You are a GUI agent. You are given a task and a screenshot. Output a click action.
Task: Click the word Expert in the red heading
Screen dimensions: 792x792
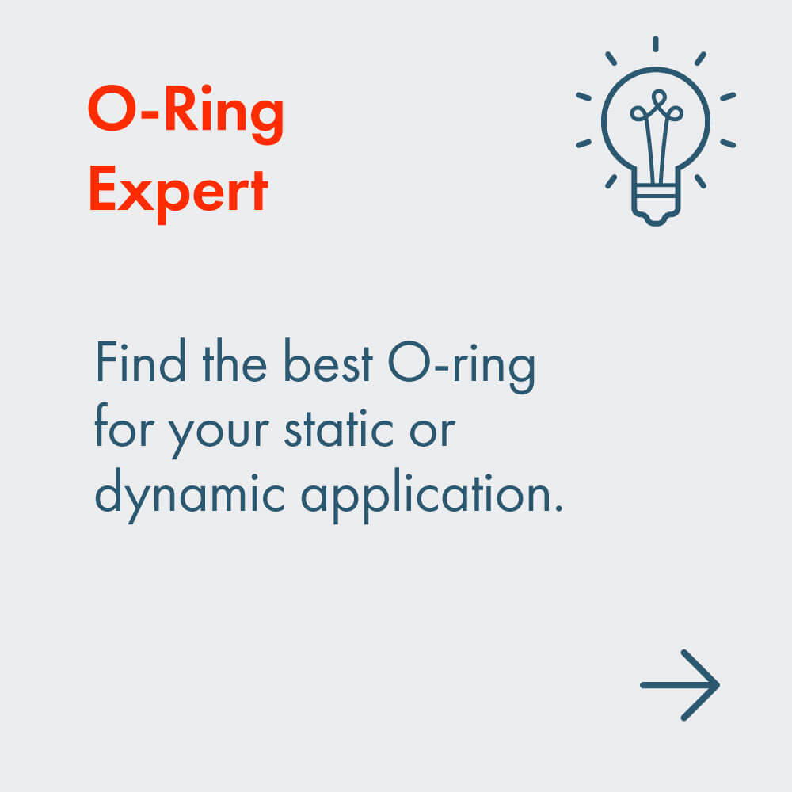pyautogui.click(x=178, y=194)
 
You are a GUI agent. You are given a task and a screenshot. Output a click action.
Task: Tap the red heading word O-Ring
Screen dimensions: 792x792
pyautogui.click(x=186, y=114)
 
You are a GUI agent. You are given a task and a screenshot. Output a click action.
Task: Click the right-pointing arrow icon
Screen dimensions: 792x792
pyautogui.click(x=680, y=685)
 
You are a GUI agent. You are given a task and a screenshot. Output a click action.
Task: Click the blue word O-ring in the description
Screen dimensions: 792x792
pyautogui.click(x=462, y=367)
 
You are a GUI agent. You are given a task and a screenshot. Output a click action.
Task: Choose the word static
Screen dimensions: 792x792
pyautogui.click(x=339, y=429)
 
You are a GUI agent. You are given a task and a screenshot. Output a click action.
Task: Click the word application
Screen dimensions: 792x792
pyautogui.click(x=423, y=498)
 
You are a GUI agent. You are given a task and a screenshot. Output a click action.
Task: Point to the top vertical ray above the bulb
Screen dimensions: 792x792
pyautogui.click(x=656, y=44)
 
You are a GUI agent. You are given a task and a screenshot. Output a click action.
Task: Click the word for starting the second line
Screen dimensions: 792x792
pyautogui.click(x=124, y=425)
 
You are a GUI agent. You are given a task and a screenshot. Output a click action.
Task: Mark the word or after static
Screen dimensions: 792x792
pyautogui.click(x=432, y=432)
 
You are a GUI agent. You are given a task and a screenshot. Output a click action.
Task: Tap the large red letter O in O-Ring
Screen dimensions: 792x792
pyautogui.click(x=112, y=109)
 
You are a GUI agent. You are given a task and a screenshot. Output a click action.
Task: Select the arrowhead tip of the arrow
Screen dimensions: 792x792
pyautogui.click(x=718, y=685)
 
